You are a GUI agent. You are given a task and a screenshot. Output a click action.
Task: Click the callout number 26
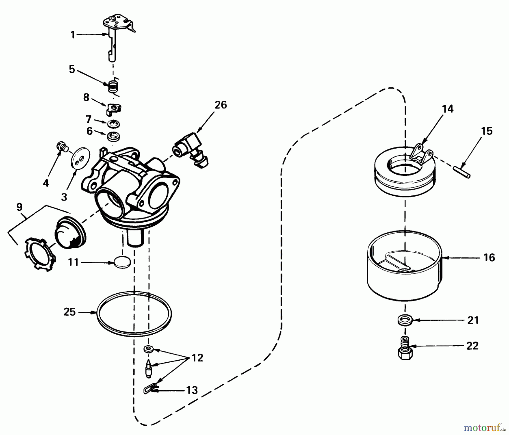(x=221, y=105)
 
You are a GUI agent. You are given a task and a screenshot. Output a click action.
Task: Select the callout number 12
(x=197, y=358)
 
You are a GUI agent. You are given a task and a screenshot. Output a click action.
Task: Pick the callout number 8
(x=86, y=98)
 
